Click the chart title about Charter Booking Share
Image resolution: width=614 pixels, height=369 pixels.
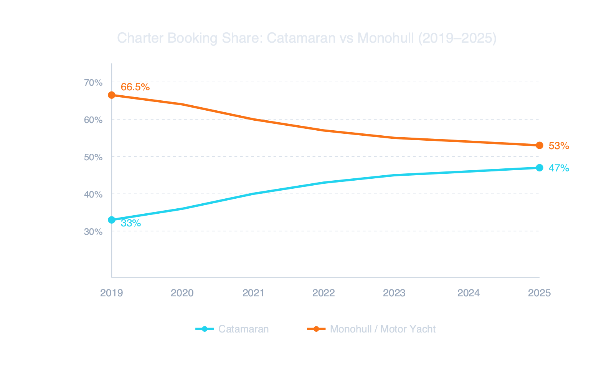307,38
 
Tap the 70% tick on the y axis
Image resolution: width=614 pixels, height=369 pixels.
93,83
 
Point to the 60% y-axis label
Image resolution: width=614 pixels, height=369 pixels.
93,120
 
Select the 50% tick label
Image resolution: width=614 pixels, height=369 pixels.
93,157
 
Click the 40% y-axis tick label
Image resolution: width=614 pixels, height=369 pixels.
93,194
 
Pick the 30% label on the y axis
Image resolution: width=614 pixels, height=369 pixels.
93,232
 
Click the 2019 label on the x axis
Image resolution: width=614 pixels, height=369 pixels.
111,293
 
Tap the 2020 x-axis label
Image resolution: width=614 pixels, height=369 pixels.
182,293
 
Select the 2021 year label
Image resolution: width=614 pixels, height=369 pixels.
253,293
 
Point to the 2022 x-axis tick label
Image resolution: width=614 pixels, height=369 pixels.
324,293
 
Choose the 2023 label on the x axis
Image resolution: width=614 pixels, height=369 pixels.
394,293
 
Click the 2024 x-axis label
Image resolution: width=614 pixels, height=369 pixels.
468,293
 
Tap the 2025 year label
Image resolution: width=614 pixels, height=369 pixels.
539,293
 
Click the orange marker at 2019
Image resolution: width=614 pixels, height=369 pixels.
112,95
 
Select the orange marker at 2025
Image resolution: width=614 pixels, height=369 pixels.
539,145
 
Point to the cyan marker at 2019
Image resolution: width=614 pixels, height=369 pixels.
112,220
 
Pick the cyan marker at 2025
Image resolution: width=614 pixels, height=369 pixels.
539,168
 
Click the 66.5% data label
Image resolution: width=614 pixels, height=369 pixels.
135,87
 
